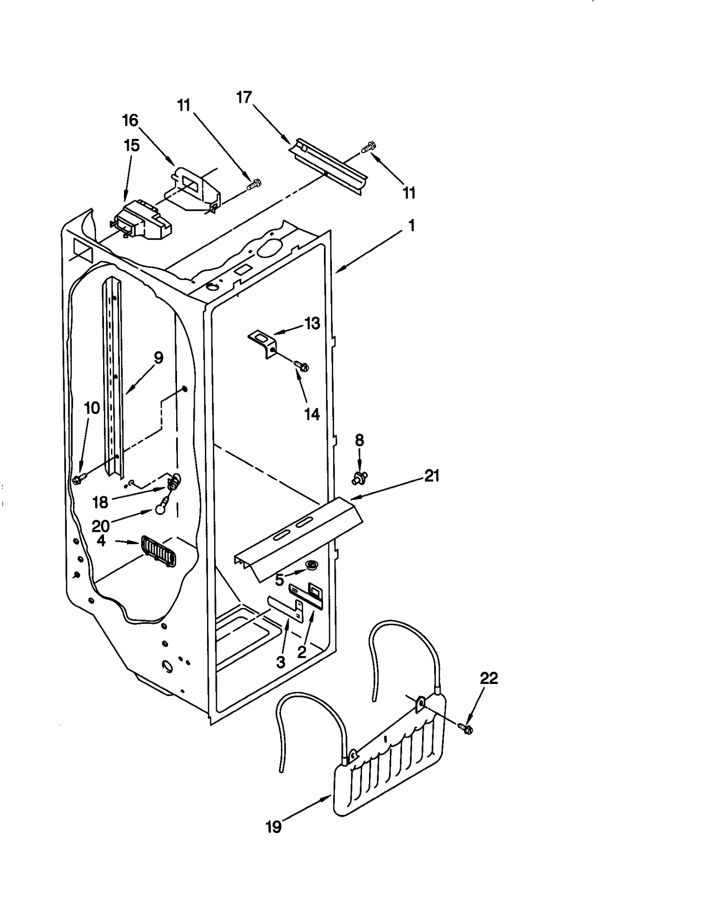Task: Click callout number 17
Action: click(x=244, y=97)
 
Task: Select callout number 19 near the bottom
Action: click(x=274, y=826)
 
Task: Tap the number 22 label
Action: click(x=489, y=678)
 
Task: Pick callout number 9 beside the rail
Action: click(x=158, y=357)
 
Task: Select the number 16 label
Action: click(x=130, y=120)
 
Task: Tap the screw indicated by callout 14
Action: click(x=301, y=366)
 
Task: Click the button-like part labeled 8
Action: click(x=359, y=477)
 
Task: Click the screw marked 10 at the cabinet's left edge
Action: click(x=77, y=480)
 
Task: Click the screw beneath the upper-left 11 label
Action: click(x=254, y=184)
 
